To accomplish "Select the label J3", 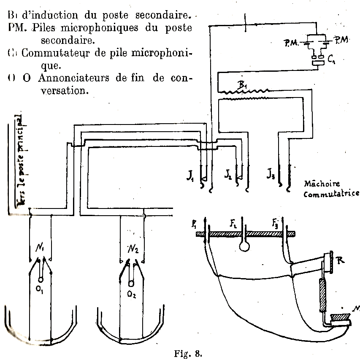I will (x=271, y=173).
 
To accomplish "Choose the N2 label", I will (x=133, y=248).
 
